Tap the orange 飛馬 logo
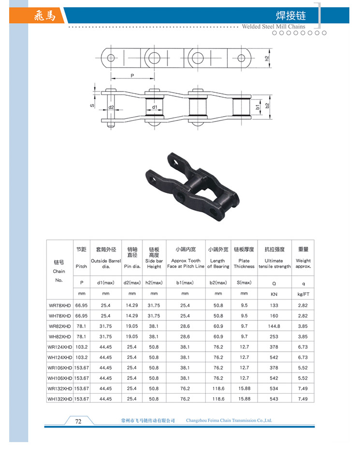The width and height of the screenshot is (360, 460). tap(45, 15)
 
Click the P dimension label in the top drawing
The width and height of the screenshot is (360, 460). tap(132, 76)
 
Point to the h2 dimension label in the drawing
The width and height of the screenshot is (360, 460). tap(267, 59)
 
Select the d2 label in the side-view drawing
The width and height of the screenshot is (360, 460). tap(111, 107)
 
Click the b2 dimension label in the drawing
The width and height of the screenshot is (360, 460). tap(267, 105)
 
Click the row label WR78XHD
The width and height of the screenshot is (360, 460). tap(59, 305)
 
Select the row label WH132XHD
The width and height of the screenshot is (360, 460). tap(59, 399)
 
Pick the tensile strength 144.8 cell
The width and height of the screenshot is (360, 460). tap(274, 326)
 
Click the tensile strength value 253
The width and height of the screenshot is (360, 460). tap(274, 337)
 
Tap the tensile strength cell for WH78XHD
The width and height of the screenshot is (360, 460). tap(274, 316)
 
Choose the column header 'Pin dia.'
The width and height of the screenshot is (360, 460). tap(132, 267)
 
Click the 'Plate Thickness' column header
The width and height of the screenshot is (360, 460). tap(244, 264)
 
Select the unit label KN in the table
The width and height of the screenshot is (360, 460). tap(274, 294)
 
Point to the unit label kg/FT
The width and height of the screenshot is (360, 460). tap(303, 294)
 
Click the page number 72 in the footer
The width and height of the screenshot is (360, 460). tap(78, 421)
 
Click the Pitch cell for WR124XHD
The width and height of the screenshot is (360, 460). tap(81, 347)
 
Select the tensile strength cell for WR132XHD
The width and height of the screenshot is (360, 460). tap(274, 388)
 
